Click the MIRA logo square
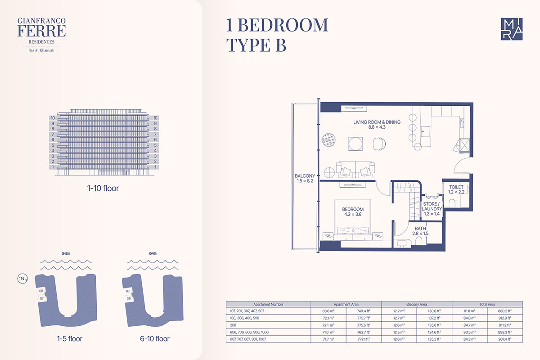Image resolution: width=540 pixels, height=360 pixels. (x=512, y=29)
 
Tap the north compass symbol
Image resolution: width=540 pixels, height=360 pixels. (x=22, y=279)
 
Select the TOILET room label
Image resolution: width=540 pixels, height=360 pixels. (x=456, y=187)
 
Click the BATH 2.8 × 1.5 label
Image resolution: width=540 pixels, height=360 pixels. (x=420, y=231)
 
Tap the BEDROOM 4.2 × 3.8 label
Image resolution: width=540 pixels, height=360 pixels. (x=353, y=211)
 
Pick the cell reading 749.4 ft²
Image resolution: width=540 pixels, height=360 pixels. (x=364, y=311)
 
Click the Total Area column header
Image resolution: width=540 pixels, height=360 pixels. (x=487, y=304)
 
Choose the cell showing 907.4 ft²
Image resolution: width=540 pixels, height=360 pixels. (x=505, y=339)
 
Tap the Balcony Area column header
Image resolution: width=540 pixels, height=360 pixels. (x=417, y=304)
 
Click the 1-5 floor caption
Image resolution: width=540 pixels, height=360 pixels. (x=70, y=339)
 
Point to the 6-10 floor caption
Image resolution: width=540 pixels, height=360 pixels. (x=155, y=339)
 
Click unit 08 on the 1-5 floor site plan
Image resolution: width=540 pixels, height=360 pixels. (x=41, y=291)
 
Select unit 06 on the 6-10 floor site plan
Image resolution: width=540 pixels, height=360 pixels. (x=129, y=298)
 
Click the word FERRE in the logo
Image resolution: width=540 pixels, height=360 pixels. (x=41, y=31)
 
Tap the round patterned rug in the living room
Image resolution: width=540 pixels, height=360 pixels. (x=328, y=139)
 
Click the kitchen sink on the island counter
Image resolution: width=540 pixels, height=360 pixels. (x=425, y=132)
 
